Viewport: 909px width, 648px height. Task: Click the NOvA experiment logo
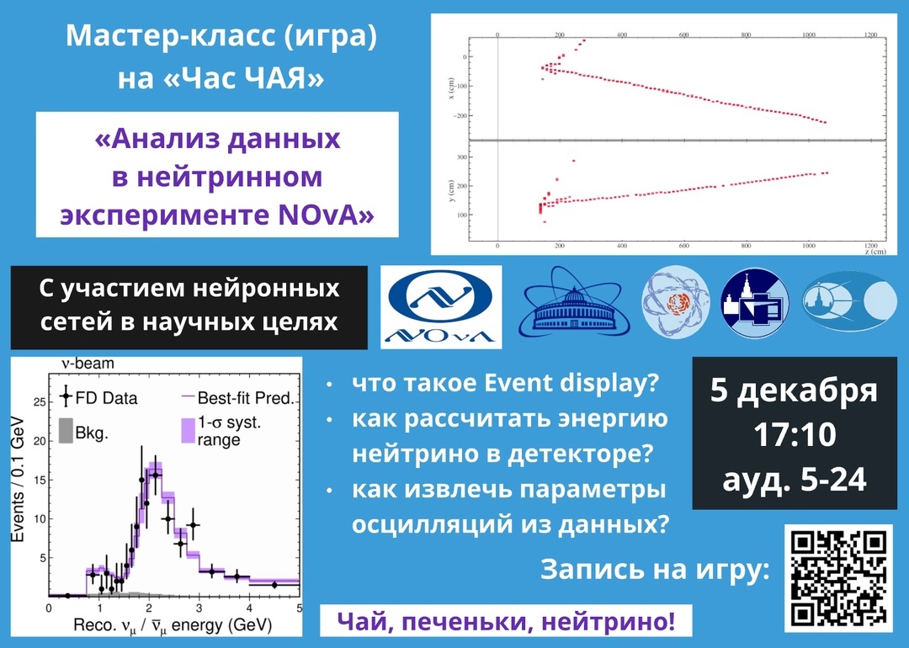pos(441,307)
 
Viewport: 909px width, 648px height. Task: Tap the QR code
pos(838,578)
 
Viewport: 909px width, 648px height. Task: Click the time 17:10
pos(795,435)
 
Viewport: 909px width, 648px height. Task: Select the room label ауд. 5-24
pos(795,480)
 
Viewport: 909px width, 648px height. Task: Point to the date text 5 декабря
pos(794,390)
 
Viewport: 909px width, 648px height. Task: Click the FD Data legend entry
pos(98,398)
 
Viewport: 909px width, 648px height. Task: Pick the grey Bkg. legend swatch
pos(66,431)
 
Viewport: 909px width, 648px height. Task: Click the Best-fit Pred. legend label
pos(246,398)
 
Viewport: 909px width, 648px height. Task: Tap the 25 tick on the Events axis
pos(40,401)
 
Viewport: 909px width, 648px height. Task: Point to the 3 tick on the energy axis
pos(199,608)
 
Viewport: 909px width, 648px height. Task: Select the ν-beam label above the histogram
pos(88,364)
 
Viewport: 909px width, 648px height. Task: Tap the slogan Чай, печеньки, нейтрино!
pos(506,622)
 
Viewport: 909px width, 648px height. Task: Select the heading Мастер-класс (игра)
pos(221,36)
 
